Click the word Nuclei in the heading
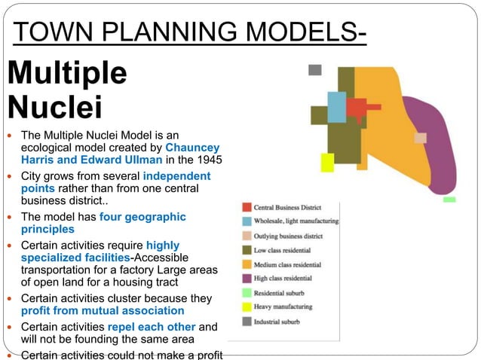[x=54, y=106]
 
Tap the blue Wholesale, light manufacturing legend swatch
[x=246, y=221]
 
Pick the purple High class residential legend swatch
[x=246, y=279]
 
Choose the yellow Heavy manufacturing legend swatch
[x=246, y=307]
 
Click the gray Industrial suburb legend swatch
[x=246, y=322]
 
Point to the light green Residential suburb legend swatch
[x=246, y=293]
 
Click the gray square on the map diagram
[x=315, y=70]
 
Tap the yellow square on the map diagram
[x=327, y=162]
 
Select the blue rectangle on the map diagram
[x=336, y=107]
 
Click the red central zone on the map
[x=357, y=110]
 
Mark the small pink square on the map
[x=420, y=138]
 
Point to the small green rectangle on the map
[x=449, y=200]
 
